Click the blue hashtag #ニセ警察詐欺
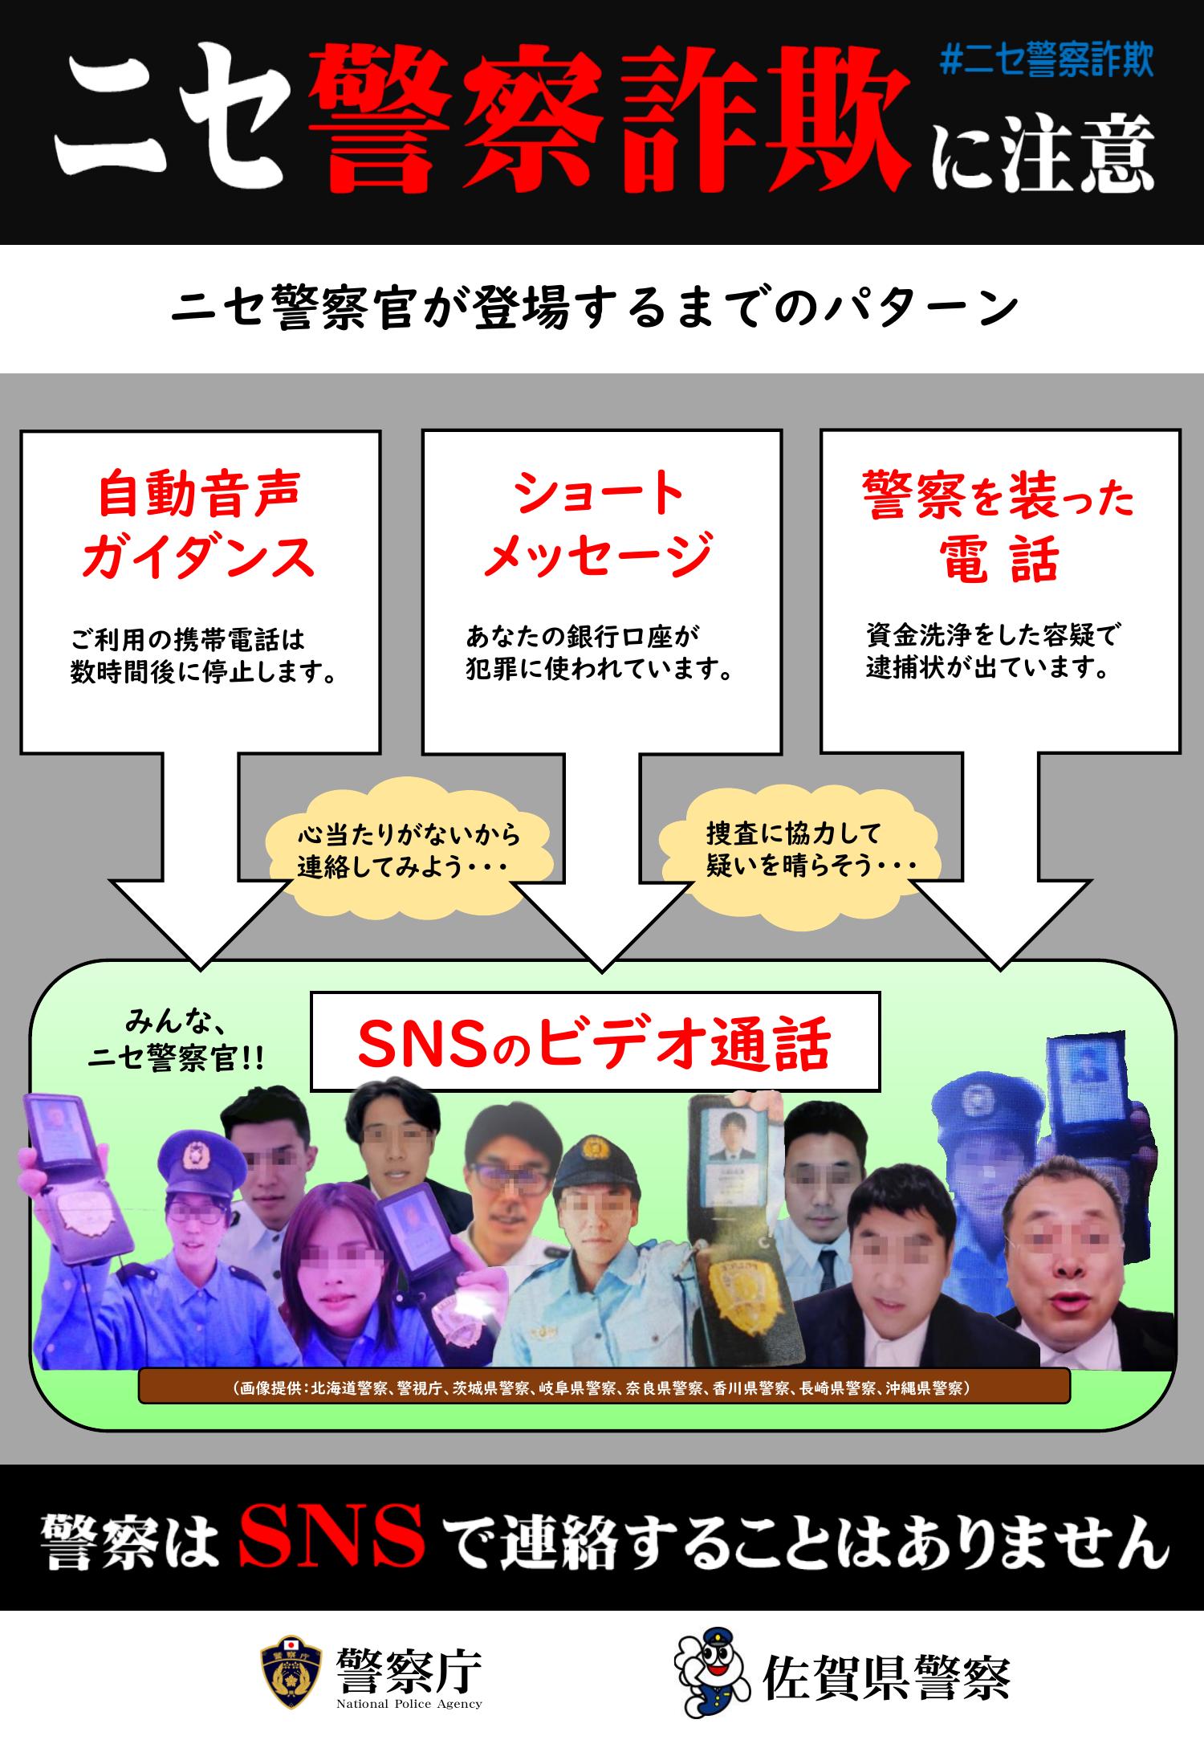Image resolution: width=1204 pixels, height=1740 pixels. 1046,63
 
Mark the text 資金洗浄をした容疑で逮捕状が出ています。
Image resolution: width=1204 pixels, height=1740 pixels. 992,651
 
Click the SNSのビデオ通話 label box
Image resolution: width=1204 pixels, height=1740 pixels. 595,1041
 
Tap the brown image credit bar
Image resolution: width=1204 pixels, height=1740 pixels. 604,1387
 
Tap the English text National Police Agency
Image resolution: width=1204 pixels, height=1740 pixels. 409,1704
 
